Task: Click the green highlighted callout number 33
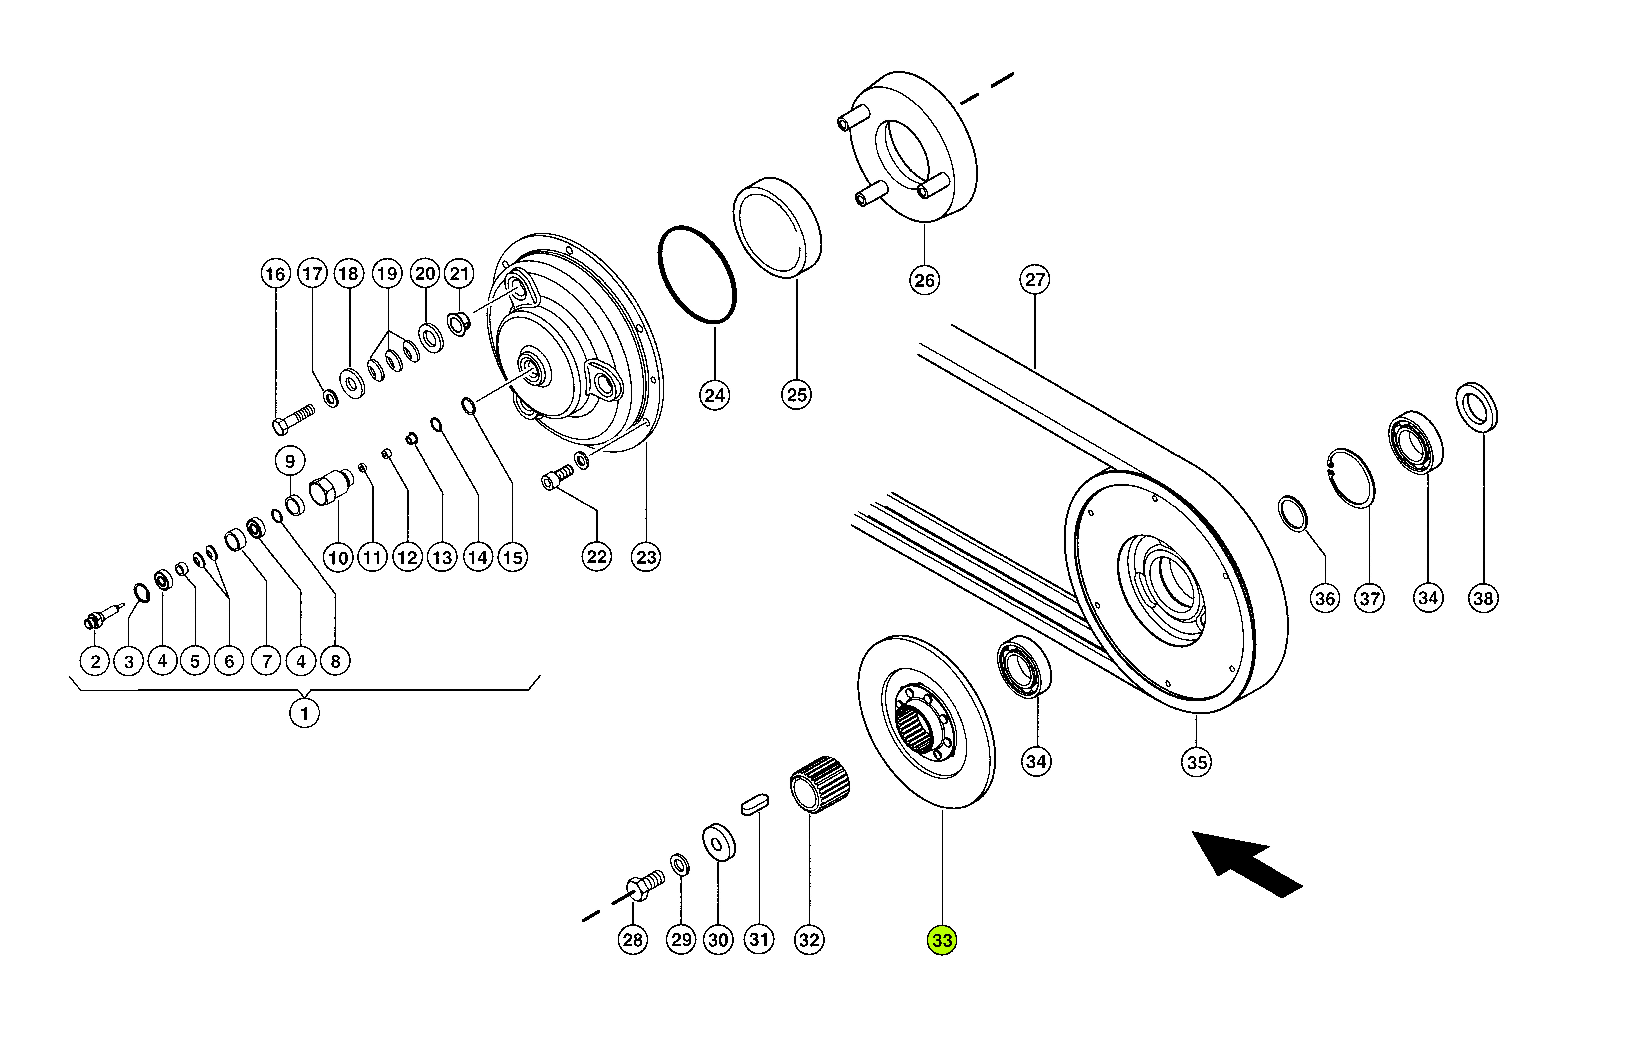pos(942,940)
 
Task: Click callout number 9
pos(290,462)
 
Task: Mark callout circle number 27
pos(1035,280)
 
